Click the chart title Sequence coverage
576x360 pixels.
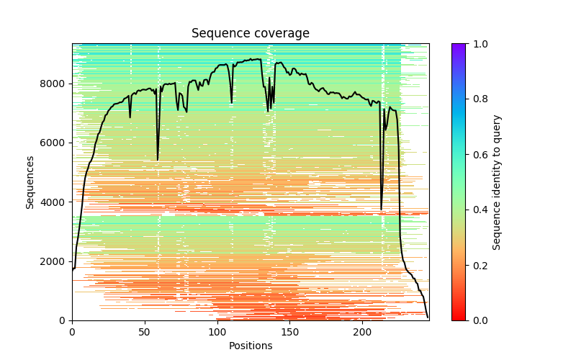tap(250, 33)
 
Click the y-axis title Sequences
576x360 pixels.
tap(30, 181)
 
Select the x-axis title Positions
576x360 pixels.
tap(250, 346)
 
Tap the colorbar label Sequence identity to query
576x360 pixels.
tap(498, 181)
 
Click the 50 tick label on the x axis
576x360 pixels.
tap(145, 332)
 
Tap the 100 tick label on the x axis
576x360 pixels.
tap(217, 332)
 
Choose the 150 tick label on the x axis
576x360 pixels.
tap(290, 332)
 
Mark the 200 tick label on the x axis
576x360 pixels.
tap(363, 332)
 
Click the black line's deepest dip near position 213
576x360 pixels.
tap(381, 210)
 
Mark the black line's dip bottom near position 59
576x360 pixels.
tap(158, 160)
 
